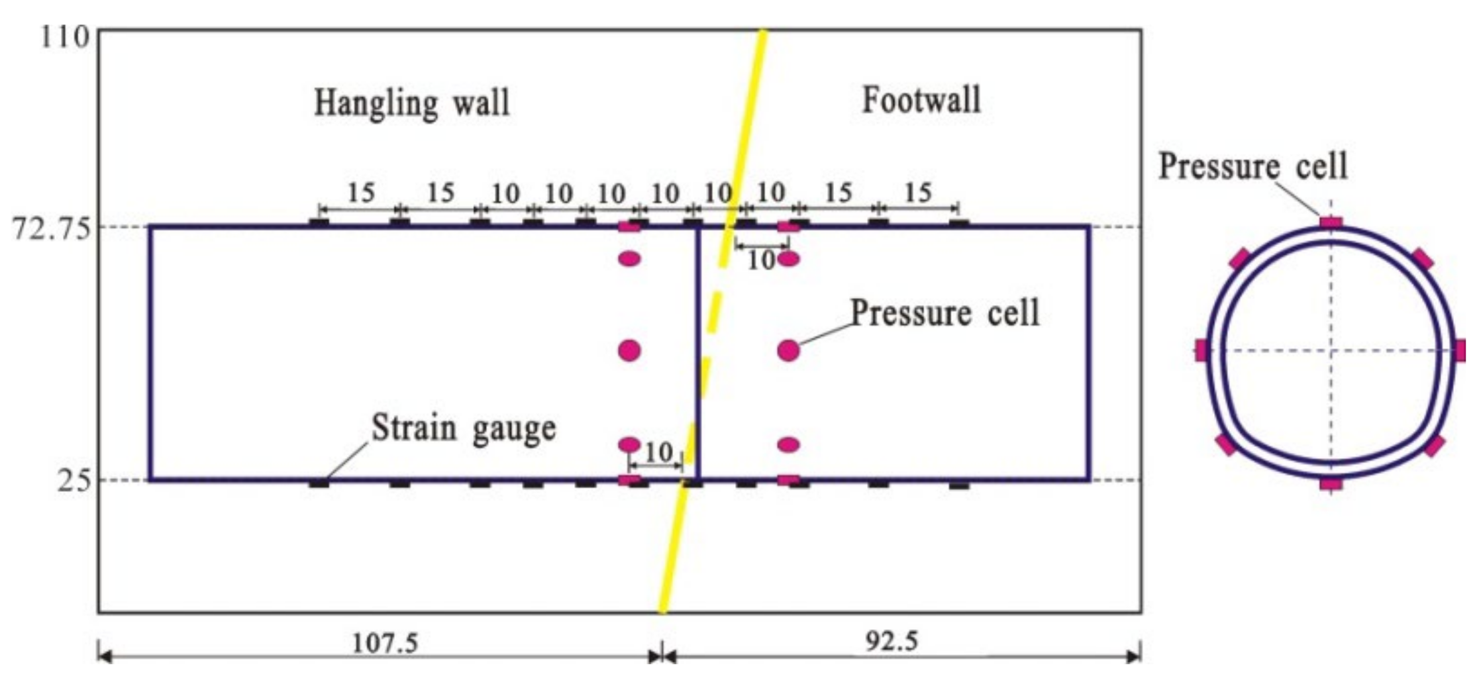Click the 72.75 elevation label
[52, 230]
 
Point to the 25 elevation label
[74, 481]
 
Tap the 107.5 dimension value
[385, 643]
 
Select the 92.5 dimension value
[891, 641]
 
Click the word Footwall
[921, 101]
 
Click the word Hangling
[376, 103]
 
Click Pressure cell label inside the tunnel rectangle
[944, 313]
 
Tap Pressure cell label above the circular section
[1252, 166]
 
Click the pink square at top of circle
[1331, 222]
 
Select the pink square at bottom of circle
[1331, 484]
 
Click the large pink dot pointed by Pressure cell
[788, 350]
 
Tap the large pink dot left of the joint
[629, 350]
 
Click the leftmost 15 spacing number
[361, 193]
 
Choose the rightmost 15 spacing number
[917, 193]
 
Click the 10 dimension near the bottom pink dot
[658, 453]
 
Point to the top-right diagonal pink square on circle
[1423, 259]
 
